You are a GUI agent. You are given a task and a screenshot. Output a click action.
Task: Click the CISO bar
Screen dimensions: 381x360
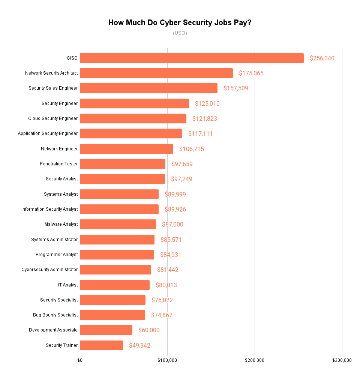[192, 58]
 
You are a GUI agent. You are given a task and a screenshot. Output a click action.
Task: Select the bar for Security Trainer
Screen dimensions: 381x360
[102, 345]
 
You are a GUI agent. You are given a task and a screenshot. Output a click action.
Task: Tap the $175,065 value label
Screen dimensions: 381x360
[251, 73]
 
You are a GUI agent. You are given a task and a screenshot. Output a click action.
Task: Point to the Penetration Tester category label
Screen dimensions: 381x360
[59, 164]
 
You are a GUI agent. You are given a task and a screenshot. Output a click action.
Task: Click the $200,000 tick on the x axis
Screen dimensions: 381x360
[255, 360]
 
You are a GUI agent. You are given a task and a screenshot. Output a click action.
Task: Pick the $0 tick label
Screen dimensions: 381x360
[80, 360]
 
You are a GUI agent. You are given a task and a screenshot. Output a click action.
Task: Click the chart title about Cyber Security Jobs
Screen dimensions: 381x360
[180, 22]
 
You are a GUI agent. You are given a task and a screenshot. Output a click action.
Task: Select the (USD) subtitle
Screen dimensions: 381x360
[180, 33]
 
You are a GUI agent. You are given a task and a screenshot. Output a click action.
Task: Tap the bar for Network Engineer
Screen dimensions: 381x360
[126, 149]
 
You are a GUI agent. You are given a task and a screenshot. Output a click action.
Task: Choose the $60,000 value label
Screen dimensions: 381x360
[149, 330]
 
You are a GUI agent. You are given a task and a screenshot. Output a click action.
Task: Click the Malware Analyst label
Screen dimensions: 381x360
[61, 224]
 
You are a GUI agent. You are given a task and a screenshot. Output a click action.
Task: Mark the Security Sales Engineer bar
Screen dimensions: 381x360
[148, 88]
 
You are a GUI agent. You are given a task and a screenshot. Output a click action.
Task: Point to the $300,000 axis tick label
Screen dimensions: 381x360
[342, 360]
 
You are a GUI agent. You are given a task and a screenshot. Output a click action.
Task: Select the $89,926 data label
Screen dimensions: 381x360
[175, 209]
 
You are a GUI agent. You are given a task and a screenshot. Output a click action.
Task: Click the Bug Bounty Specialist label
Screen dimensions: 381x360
[55, 315]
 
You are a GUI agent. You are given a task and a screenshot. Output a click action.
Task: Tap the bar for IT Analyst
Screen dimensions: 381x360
[115, 285]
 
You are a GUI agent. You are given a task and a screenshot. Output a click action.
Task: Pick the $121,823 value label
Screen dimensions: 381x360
[205, 118]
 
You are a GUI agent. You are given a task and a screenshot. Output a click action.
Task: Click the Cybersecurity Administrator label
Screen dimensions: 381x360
[49, 270]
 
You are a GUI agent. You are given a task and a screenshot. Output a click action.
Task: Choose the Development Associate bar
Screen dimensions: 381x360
[106, 330]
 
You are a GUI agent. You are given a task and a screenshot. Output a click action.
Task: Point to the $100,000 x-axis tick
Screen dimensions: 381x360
[167, 360]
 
